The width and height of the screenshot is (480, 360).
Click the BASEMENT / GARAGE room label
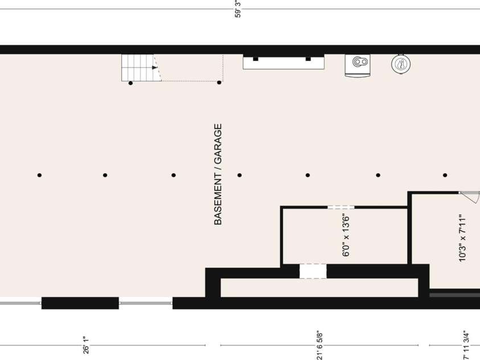click(x=218, y=174)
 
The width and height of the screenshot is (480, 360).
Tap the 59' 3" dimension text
click(x=238, y=9)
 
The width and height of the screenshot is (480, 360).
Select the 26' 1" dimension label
click(x=86, y=345)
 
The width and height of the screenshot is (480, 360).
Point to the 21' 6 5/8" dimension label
click(x=319, y=345)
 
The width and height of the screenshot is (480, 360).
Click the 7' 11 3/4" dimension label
click(x=466, y=345)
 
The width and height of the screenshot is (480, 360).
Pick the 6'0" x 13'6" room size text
click(x=346, y=235)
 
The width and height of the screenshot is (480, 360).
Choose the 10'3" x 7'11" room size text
click(x=462, y=238)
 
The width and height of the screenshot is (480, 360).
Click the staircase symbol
click(x=141, y=68)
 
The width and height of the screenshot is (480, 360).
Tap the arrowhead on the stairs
click(x=155, y=67)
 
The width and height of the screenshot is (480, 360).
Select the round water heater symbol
click(x=401, y=64)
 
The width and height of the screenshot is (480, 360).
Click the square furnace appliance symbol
click(x=358, y=64)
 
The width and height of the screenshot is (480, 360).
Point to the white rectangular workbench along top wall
click(x=284, y=63)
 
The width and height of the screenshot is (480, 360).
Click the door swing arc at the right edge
click(x=474, y=198)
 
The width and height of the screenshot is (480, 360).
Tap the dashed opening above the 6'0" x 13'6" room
click(x=341, y=207)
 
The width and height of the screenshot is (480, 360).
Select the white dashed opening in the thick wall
click(x=313, y=271)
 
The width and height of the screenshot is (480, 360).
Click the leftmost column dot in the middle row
click(x=39, y=175)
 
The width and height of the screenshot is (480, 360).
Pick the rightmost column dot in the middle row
click(x=445, y=175)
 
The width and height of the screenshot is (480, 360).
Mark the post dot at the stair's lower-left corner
click(x=131, y=83)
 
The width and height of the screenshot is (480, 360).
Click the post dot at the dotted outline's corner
click(x=219, y=83)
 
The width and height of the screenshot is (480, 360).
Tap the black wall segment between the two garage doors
click(x=80, y=303)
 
